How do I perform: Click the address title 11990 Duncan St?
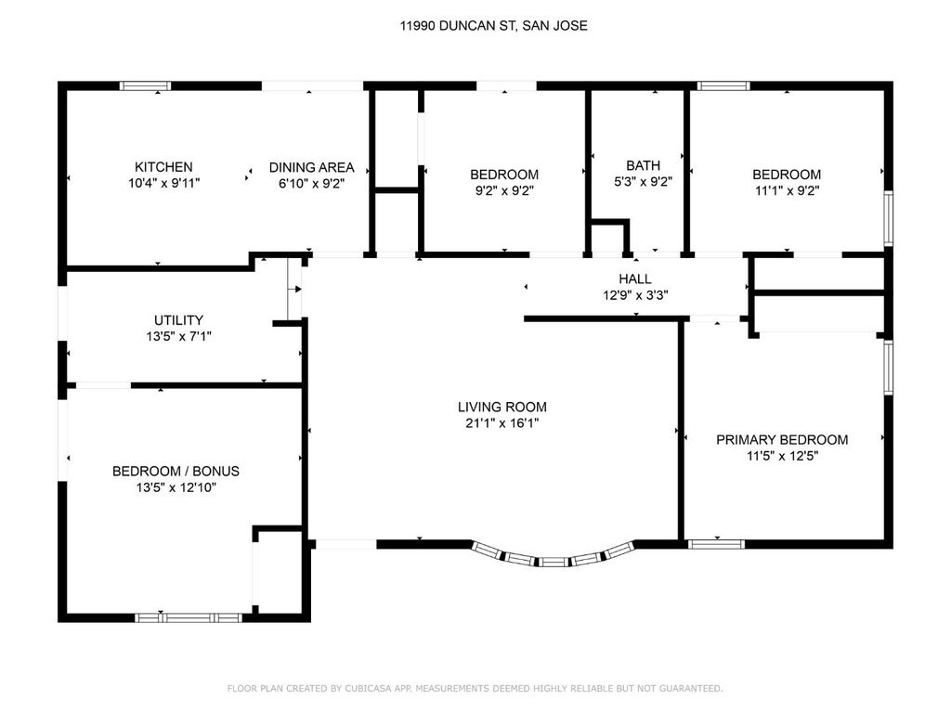[x=493, y=25]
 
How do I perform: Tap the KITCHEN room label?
[x=163, y=167]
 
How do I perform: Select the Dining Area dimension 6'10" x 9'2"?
[x=312, y=183]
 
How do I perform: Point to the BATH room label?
[x=643, y=165]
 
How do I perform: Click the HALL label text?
[x=635, y=279]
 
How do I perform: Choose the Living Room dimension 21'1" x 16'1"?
[x=502, y=423]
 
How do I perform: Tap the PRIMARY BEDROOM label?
[x=782, y=439]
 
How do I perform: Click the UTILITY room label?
[x=178, y=320]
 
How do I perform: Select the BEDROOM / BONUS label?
[x=176, y=471]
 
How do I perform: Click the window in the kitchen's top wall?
[x=145, y=85]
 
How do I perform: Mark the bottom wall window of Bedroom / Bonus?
[x=189, y=617]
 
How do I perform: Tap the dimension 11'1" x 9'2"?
[x=787, y=190]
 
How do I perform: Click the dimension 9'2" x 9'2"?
[x=504, y=190]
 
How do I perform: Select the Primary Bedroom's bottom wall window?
[x=716, y=544]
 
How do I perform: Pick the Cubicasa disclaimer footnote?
[x=475, y=688]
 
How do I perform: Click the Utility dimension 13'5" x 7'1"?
[x=178, y=336]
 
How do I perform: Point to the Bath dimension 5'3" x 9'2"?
[x=643, y=181]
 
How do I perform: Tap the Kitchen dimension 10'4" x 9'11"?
[x=163, y=183]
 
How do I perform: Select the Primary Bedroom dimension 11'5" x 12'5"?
[x=782, y=456]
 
